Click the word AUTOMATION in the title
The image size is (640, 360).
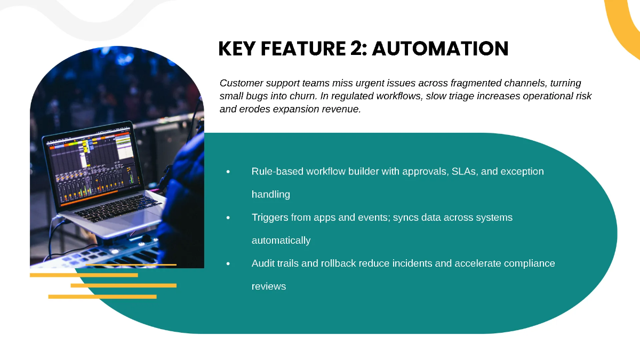pos(441,49)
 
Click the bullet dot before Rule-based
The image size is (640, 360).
pos(228,171)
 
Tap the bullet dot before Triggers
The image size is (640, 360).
pos(228,218)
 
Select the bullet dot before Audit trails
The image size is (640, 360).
pos(228,263)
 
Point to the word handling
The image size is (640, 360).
pos(271,195)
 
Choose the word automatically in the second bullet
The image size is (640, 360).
pos(281,241)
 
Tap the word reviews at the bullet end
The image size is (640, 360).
pos(269,286)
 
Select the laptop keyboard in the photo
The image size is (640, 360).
pos(117,208)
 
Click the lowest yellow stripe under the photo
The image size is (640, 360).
pos(102,297)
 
